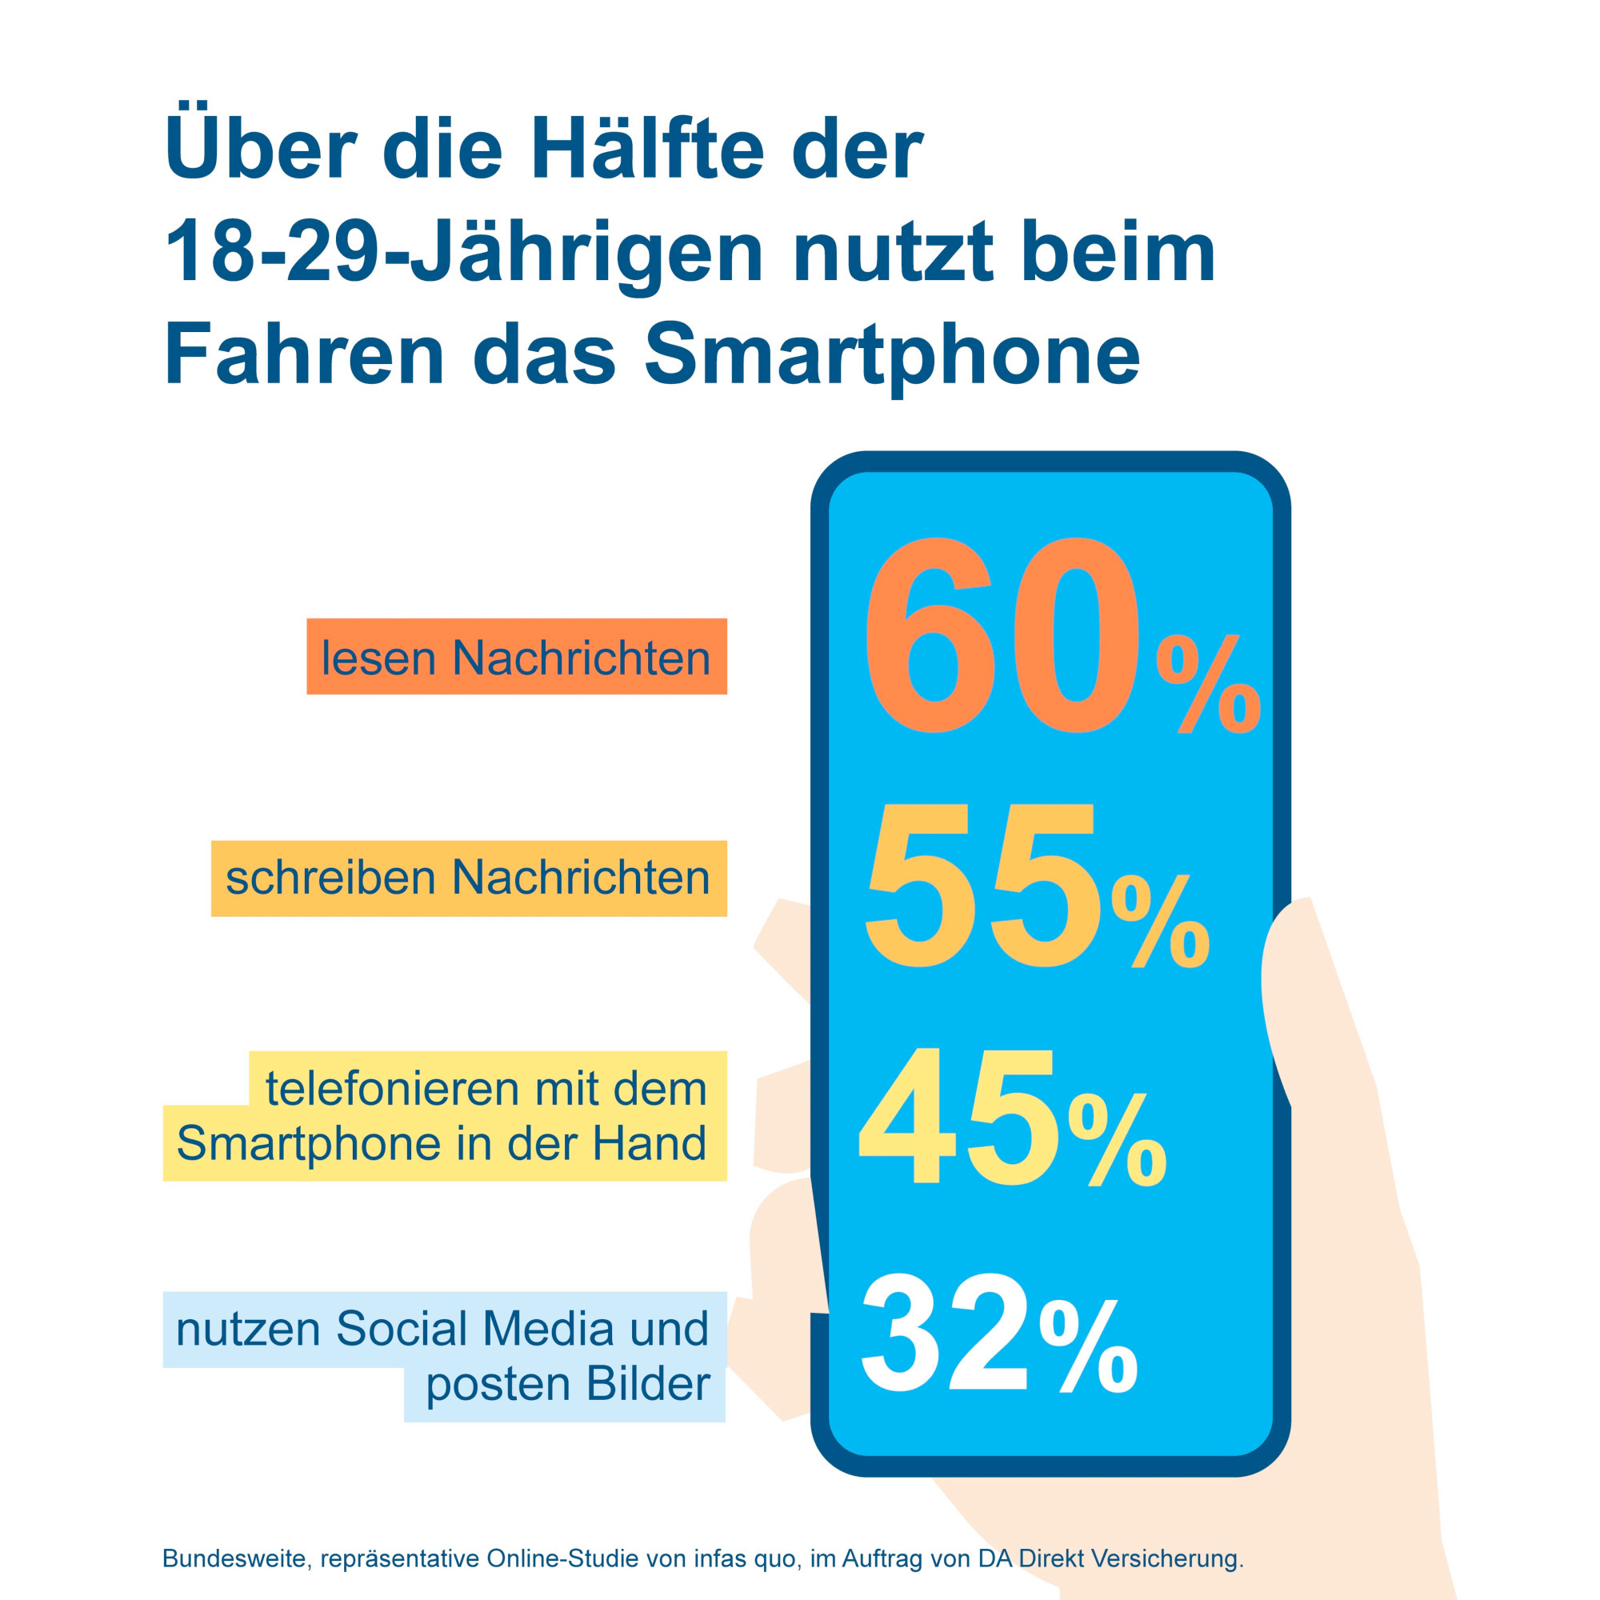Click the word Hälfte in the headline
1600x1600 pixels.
(x=646, y=149)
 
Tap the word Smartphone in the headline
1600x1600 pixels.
(x=892, y=354)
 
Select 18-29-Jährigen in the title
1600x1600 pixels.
(x=464, y=252)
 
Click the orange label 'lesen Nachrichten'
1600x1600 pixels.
(x=516, y=658)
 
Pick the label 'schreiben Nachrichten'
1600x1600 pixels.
(x=468, y=877)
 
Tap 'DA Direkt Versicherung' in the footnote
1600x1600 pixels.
(x=1110, y=1558)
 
